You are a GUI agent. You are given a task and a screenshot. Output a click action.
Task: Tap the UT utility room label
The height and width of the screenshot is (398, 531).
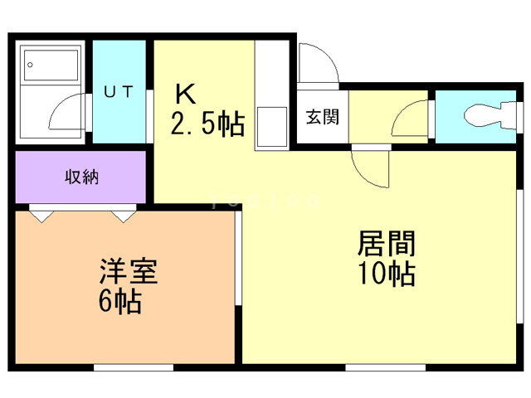118,92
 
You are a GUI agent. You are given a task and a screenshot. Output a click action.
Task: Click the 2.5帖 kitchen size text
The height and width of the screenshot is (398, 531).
207,124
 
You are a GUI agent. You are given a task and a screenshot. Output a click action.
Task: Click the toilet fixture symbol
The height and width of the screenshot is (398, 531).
485,117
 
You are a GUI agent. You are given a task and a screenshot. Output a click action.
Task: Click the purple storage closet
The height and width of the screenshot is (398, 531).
80,177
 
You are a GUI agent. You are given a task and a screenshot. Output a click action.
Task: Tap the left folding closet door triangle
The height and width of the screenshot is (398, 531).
42,215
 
